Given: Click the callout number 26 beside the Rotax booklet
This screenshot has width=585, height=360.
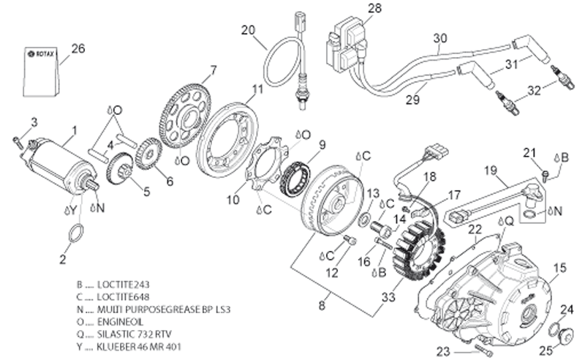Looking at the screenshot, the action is point(78,48).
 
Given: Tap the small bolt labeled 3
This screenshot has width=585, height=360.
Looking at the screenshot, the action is point(17,142).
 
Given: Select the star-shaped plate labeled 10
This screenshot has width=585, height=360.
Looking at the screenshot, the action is point(267,164).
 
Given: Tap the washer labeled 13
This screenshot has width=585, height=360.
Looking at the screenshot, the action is point(364,220).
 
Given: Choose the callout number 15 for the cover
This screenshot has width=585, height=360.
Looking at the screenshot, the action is point(559,267).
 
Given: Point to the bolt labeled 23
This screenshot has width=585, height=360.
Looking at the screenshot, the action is point(484,350).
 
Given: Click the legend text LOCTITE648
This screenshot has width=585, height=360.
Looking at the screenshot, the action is point(123,297).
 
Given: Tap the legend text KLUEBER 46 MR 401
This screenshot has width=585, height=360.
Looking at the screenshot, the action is point(139,347).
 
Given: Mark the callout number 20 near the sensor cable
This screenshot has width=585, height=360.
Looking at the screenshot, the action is point(248,30).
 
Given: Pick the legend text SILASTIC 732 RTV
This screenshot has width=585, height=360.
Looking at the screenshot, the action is point(135,334).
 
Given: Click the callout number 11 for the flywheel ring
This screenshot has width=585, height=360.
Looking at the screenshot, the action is point(257,89).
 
